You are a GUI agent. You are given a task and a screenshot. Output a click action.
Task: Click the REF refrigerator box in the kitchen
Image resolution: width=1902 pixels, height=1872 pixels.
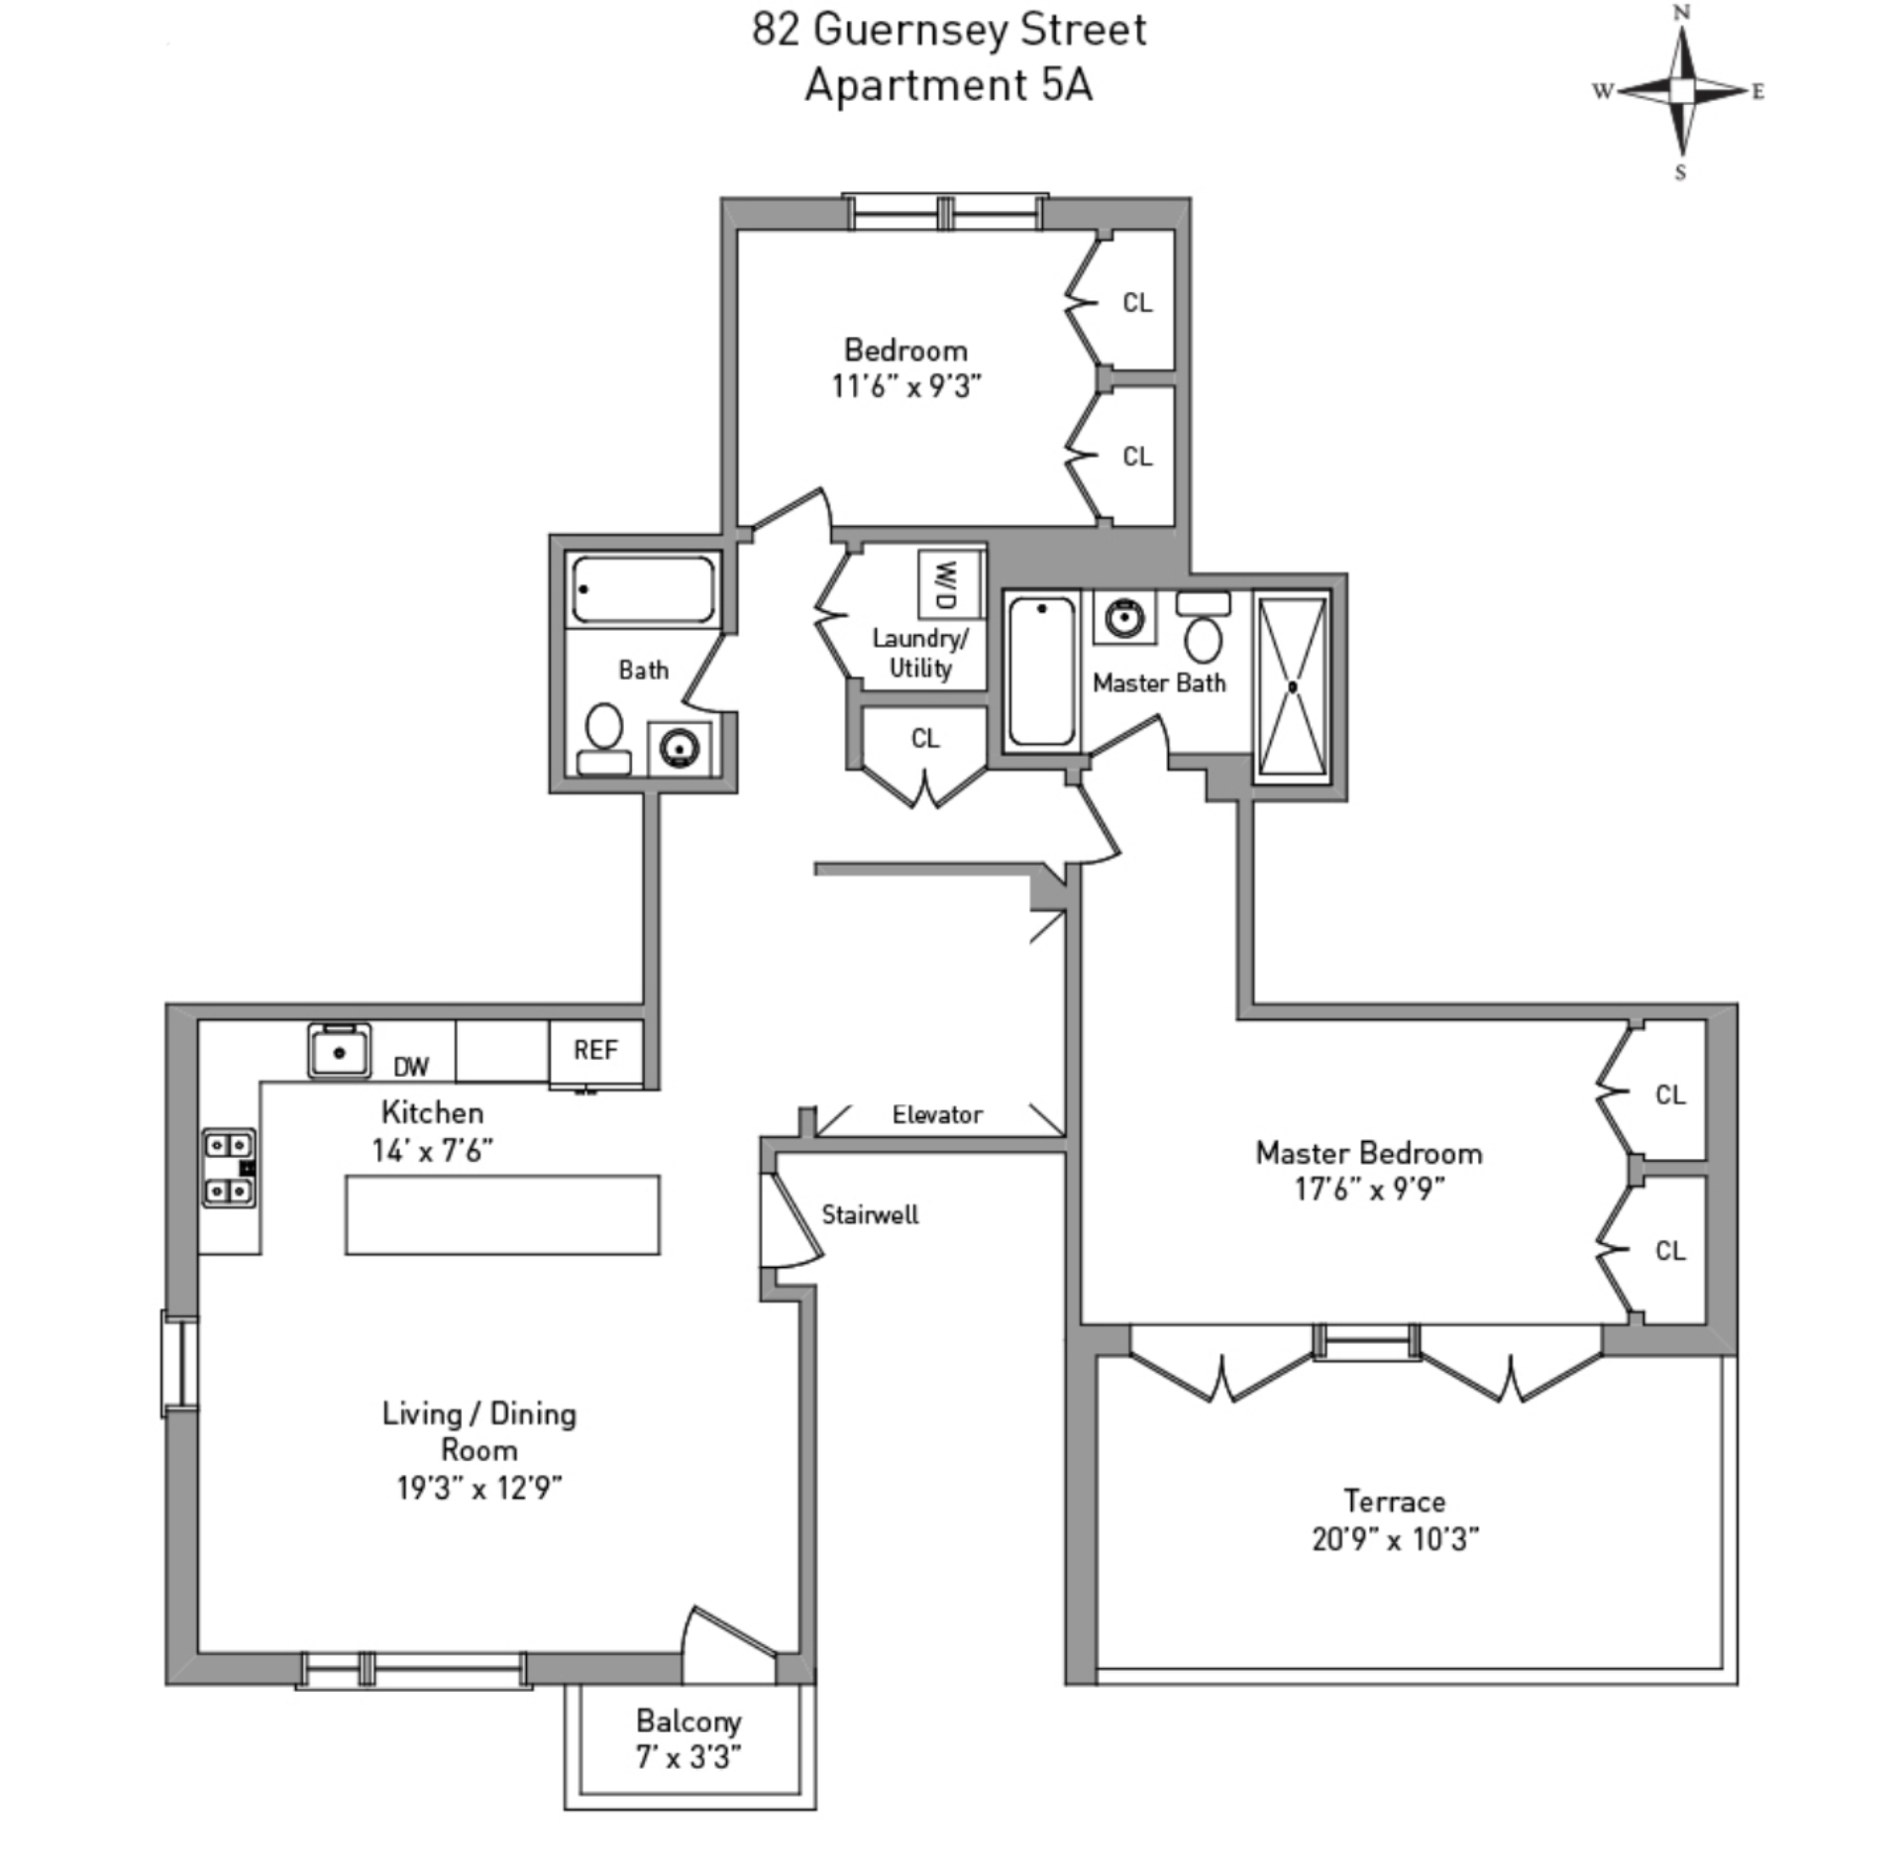coord(596,1051)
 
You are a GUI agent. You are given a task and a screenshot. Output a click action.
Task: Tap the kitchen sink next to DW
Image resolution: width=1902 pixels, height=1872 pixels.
coord(339,1051)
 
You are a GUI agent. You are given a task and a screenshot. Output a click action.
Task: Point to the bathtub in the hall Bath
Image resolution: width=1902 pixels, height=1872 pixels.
coord(643,589)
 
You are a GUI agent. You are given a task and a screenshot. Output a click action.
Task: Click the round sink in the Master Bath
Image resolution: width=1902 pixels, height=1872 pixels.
coord(1124,618)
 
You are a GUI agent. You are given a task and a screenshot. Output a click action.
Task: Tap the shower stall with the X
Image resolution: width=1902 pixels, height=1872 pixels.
coord(1293,686)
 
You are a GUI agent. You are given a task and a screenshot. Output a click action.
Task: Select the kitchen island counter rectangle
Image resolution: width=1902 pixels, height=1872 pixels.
coord(502,1215)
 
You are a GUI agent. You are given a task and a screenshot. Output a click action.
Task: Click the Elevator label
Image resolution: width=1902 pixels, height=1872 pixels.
coord(937,1115)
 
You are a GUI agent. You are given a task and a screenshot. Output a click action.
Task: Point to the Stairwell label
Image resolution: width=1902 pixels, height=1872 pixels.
coord(870,1215)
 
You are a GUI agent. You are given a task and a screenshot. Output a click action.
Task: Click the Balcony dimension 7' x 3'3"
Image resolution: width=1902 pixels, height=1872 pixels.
coord(688,1758)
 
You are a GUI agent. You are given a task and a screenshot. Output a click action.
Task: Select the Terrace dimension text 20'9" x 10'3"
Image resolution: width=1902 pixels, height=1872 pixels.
coord(1395,1539)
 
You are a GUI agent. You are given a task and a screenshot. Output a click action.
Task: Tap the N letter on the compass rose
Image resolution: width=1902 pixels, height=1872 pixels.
coord(1681,13)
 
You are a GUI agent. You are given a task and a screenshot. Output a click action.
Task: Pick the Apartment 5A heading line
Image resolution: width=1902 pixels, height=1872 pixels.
coord(949,85)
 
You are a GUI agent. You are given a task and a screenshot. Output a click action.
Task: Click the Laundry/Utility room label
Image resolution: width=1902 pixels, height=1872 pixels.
coord(920,653)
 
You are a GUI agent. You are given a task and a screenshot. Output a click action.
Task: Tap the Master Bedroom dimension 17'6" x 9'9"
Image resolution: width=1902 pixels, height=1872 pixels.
coord(1369,1189)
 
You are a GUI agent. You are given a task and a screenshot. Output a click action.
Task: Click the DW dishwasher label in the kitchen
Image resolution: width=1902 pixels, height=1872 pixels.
coord(411,1067)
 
